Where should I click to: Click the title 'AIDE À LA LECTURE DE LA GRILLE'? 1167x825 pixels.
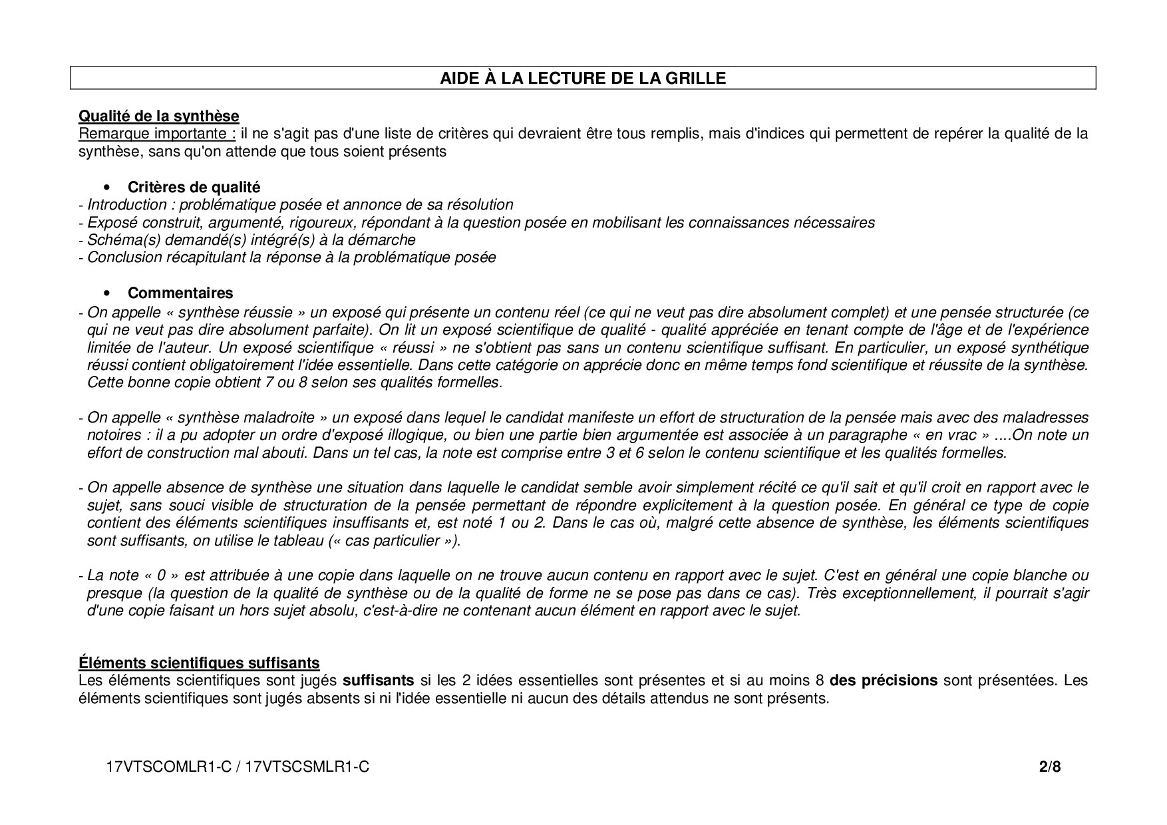coord(583,78)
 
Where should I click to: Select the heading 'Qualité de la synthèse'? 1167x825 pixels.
coord(158,116)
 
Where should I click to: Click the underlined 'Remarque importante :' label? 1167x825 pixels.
coord(157,134)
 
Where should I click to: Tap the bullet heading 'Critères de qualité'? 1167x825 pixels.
coord(194,187)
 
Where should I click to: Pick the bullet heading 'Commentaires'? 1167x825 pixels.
coord(180,293)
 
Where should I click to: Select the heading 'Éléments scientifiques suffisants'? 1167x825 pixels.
coord(199,663)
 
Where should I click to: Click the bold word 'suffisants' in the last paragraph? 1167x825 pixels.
coord(378,681)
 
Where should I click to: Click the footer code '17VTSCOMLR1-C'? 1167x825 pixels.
coord(168,767)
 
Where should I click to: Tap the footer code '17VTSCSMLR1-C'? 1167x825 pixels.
coord(307,767)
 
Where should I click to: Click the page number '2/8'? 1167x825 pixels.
coord(1050,767)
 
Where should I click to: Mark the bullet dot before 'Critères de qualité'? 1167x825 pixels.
coord(107,188)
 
